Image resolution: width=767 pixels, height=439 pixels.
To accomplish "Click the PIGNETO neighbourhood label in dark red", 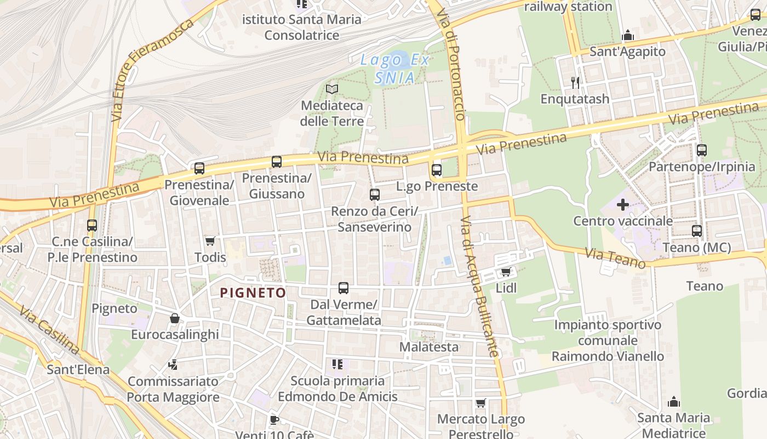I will (253, 293).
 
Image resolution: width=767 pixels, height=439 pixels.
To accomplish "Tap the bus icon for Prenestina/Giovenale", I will (199, 168).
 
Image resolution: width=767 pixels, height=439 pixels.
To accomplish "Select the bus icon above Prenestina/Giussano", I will (277, 162).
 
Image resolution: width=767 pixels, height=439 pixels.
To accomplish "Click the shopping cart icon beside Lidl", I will (506, 272).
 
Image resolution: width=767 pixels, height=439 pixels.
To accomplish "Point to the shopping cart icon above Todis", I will (210, 241).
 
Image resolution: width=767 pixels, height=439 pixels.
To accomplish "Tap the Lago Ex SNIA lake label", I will (394, 69).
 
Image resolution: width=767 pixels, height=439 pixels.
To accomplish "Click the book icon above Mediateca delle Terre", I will (332, 89).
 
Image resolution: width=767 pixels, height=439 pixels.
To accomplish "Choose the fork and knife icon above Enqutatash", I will (575, 83).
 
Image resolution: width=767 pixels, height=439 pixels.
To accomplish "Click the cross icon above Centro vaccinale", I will (623, 205).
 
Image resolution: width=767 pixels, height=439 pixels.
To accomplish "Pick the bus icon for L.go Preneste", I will (437, 170).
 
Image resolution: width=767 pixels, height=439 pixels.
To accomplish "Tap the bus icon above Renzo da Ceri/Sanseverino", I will (375, 195).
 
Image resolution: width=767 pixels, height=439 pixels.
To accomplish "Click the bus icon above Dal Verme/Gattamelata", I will (344, 288).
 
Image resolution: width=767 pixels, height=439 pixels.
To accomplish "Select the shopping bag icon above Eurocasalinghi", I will (175, 318).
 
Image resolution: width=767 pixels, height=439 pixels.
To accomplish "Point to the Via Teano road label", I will (615, 258).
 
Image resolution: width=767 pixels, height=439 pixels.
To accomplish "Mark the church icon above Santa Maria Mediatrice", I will (674, 402).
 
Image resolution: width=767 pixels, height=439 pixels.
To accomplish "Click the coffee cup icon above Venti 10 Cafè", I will (274, 420).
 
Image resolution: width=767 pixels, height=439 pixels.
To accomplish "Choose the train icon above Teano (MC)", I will (697, 231).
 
